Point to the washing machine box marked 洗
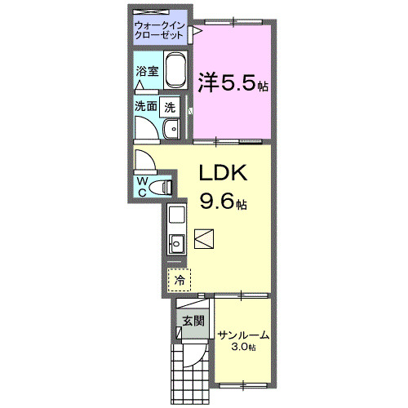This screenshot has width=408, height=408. click(169, 105)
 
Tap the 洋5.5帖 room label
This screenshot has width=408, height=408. click(233, 82)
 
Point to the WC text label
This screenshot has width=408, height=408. click(142, 185)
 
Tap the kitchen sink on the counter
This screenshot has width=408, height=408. click(175, 242)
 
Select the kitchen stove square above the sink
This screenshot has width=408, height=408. click(176, 216)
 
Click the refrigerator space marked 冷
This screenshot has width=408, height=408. click(178, 279)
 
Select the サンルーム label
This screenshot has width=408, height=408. click(242, 335)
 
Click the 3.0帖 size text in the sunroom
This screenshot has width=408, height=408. click(242, 348)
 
